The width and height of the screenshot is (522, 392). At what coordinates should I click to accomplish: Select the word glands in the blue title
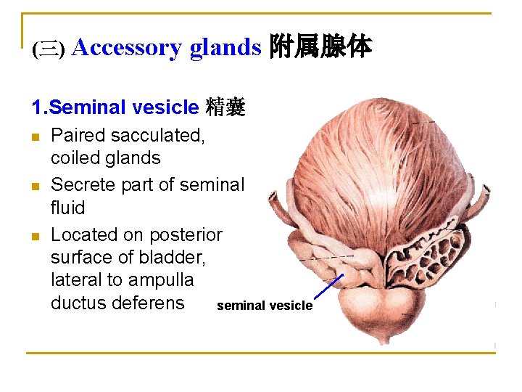(x=225, y=48)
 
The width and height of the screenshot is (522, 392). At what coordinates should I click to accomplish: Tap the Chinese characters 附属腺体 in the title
(x=320, y=48)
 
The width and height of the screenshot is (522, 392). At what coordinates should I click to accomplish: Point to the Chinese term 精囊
(x=225, y=108)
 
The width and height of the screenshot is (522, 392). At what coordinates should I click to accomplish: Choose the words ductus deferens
(x=117, y=302)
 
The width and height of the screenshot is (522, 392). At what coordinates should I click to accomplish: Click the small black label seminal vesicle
(x=265, y=306)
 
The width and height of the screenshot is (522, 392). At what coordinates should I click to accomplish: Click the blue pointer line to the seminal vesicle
(x=330, y=287)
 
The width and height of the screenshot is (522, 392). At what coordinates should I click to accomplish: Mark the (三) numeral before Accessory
(x=49, y=49)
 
